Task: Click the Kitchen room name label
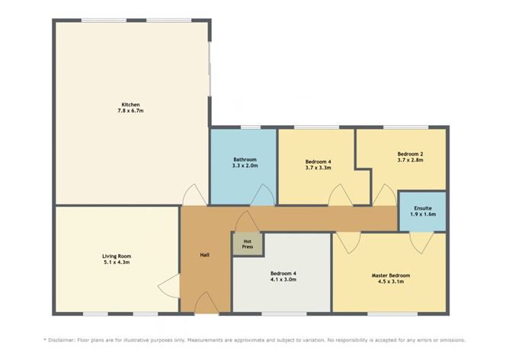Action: click(130, 104)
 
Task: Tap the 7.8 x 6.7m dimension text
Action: click(130, 111)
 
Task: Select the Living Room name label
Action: click(117, 256)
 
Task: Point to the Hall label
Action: click(204, 255)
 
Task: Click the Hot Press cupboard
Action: click(248, 244)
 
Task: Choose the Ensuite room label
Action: click(423, 208)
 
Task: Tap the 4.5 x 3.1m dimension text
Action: click(391, 281)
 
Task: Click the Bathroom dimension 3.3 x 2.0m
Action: click(245, 166)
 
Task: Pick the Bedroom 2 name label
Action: click(410, 154)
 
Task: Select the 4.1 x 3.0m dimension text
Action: click(283, 279)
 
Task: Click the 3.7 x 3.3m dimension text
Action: click(319, 168)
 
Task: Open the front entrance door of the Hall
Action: click(206, 304)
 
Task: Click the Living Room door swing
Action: click(169, 286)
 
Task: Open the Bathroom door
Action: click(262, 195)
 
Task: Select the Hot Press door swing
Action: click(248, 221)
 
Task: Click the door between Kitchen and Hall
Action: click(195, 195)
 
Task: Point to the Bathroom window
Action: click(250, 127)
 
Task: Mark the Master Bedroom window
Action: click(392, 314)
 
